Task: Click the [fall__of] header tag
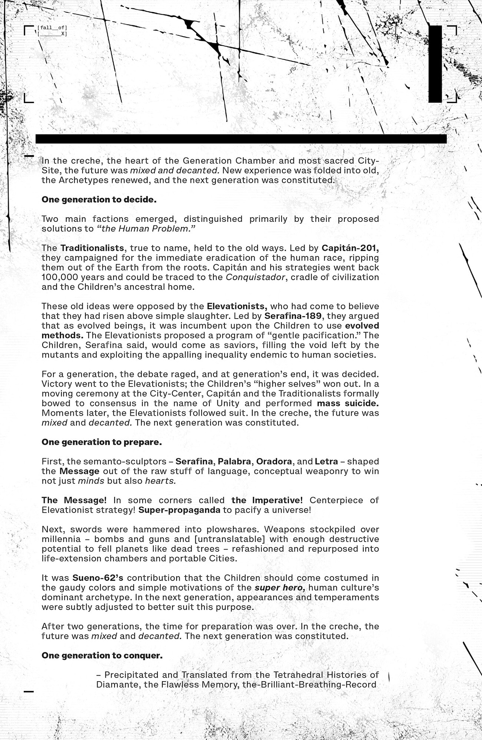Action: click(52, 28)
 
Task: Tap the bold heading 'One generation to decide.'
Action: click(99, 200)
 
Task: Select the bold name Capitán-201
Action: click(350, 248)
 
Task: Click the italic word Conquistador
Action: click(255, 277)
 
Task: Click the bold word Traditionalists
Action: click(92, 248)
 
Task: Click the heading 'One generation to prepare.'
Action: click(102, 442)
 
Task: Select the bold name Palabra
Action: click(234, 461)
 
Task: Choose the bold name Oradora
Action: click(274, 461)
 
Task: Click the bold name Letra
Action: click(326, 461)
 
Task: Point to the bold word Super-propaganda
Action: click(179, 510)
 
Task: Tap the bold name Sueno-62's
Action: click(98, 578)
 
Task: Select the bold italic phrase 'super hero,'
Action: click(280, 588)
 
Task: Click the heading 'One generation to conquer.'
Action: click(102, 656)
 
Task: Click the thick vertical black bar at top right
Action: click(435, 64)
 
